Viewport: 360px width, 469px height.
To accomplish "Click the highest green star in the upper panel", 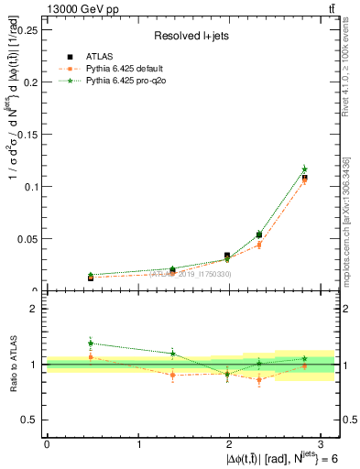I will (x=304, y=169).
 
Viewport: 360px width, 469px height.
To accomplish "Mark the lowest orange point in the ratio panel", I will (x=259, y=379).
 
